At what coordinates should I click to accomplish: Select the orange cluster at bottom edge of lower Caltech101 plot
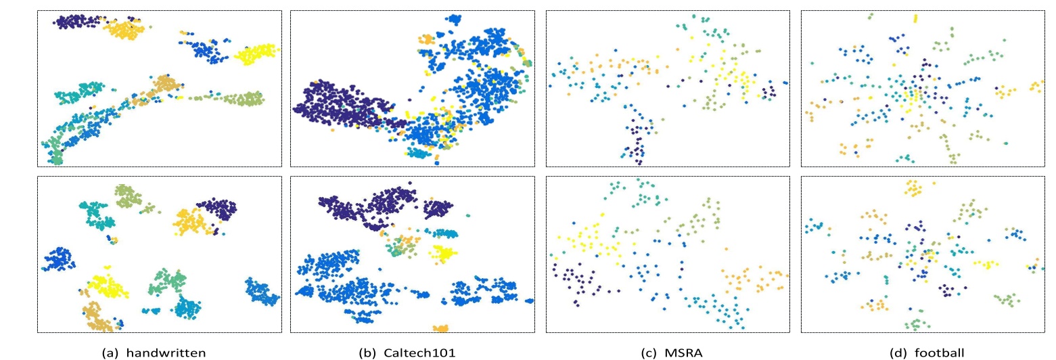[440, 328]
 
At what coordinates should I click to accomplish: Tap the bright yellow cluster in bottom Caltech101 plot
[442, 254]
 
